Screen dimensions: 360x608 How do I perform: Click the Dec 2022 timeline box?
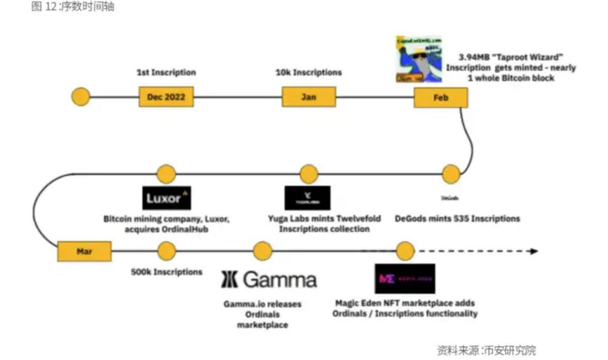tap(166, 97)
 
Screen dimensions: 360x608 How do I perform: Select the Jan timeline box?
tap(309, 97)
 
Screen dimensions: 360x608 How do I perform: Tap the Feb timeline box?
tap(441, 98)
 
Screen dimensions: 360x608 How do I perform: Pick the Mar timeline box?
tap(84, 252)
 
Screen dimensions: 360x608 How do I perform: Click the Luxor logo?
tap(166, 198)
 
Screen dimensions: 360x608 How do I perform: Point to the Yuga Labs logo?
tap(307, 198)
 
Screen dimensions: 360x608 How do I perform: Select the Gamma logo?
tap(269, 279)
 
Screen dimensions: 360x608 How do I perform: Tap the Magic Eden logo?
tap(404, 279)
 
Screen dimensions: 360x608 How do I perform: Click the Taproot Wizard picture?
tap(419, 59)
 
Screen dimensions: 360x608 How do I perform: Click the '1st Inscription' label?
tap(166, 72)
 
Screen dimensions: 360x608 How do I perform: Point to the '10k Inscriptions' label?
tap(309, 72)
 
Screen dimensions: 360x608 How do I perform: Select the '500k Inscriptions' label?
tap(166, 272)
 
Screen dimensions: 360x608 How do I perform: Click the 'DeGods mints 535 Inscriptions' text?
tap(457, 218)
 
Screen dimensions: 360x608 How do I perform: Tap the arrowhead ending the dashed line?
tap(534, 251)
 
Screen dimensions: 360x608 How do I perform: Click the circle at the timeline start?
tap(81, 97)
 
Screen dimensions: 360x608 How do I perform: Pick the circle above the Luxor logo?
tap(166, 174)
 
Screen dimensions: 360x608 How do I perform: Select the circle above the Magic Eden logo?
tap(405, 251)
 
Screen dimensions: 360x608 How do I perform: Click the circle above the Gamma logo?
tap(263, 251)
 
